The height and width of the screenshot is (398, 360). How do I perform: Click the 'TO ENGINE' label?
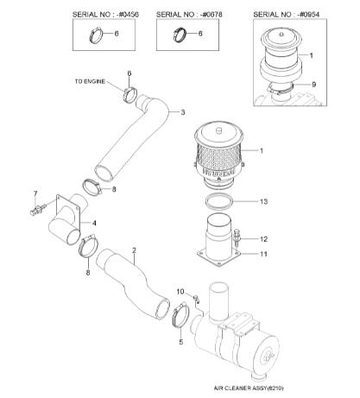[90, 81]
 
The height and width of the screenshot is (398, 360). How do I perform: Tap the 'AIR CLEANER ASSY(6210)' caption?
[249, 389]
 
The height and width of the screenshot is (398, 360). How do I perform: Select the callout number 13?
[263, 201]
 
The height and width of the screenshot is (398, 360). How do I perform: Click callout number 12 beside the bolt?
[263, 239]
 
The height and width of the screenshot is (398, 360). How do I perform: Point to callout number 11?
[263, 254]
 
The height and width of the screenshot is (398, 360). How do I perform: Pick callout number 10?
[180, 292]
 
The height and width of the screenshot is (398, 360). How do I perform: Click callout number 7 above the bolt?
[35, 193]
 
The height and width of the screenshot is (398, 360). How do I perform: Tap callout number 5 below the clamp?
[181, 342]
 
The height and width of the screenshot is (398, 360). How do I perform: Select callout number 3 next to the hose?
[183, 112]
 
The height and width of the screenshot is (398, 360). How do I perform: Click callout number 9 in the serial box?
[314, 84]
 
